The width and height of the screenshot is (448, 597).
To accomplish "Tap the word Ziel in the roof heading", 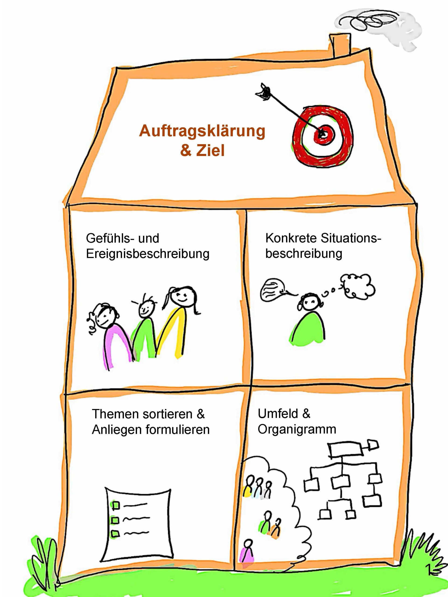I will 210,151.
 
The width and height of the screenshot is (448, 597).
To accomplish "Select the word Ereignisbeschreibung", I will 147,254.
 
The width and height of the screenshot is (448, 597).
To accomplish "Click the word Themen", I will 115,414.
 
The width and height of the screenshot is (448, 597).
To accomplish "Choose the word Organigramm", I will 297,429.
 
